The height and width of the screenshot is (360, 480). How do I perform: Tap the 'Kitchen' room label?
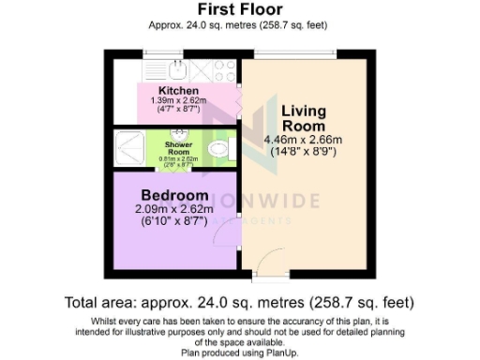(177, 90)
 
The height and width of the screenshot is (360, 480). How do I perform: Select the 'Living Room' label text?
(304, 118)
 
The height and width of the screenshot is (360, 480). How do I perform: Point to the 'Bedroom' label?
(175, 195)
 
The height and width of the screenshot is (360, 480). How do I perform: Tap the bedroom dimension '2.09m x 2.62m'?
(175, 210)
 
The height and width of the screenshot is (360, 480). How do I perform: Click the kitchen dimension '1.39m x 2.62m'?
(177, 100)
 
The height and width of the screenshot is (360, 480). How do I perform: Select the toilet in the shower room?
(219, 149)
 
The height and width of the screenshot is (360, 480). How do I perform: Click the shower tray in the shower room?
(130, 148)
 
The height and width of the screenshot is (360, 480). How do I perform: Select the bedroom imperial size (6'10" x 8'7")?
(175, 223)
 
